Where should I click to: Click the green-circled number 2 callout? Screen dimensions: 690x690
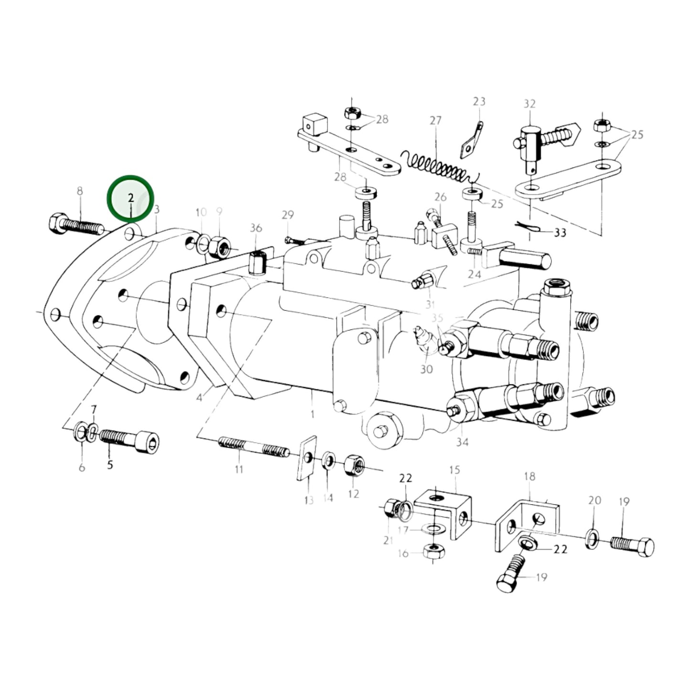[x=130, y=198]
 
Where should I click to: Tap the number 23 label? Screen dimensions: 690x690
[x=479, y=101]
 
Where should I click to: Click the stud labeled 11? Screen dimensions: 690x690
[x=254, y=447]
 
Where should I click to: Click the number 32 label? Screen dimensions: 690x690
[x=530, y=104]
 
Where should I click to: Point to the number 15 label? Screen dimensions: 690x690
[x=454, y=470]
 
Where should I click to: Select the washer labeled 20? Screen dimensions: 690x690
[x=591, y=539]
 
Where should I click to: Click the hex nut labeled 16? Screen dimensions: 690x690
[x=434, y=552]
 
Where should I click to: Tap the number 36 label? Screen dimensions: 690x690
[x=256, y=228]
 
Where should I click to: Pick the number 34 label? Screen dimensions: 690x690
[x=462, y=442]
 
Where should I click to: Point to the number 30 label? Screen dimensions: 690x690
[x=426, y=369]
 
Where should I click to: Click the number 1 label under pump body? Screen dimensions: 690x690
[x=312, y=414]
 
